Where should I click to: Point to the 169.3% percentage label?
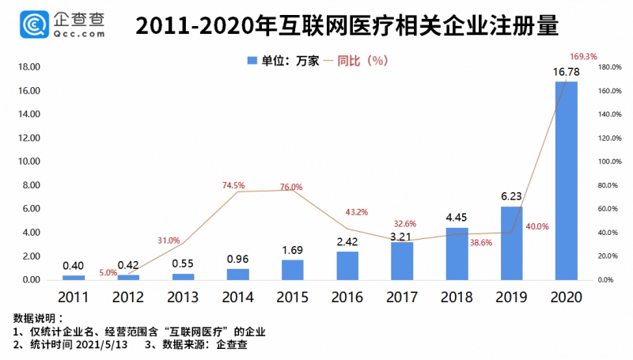point(583,56)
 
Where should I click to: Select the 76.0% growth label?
point(290,187)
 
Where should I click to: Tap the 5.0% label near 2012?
point(108,272)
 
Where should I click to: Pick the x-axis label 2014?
point(237,297)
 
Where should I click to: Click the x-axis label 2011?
point(74,297)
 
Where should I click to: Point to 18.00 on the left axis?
point(27,67)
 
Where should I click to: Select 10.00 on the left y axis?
point(27,161)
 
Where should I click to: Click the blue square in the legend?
point(252,60)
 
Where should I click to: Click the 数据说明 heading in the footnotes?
point(36,318)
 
